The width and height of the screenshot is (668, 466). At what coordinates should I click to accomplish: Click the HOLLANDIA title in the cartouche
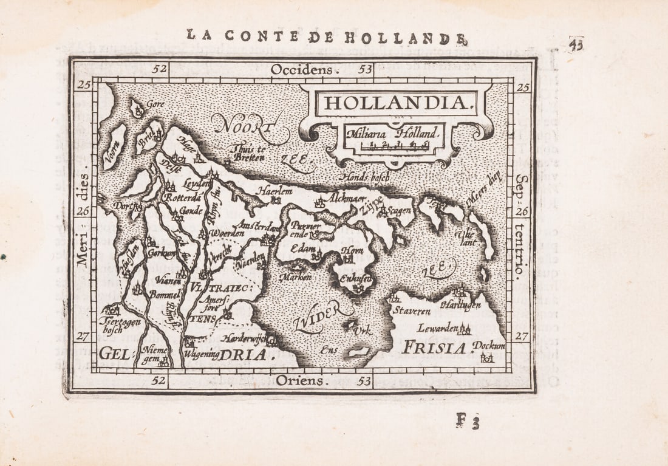coord(397,103)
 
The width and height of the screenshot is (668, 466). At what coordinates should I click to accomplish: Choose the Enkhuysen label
coord(356,278)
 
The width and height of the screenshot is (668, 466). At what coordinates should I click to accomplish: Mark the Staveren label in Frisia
coord(411,310)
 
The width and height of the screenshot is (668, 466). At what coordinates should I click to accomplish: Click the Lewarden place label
coord(437,327)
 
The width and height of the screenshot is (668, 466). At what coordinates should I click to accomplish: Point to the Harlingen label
coord(462,304)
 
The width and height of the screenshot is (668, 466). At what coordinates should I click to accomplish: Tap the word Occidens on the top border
coord(302,69)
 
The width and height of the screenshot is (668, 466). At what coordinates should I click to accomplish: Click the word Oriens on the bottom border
coord(301,381)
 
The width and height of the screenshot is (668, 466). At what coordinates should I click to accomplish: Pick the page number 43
coord(576,44)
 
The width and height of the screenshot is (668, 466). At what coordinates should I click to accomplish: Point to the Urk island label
coord(363,331)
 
